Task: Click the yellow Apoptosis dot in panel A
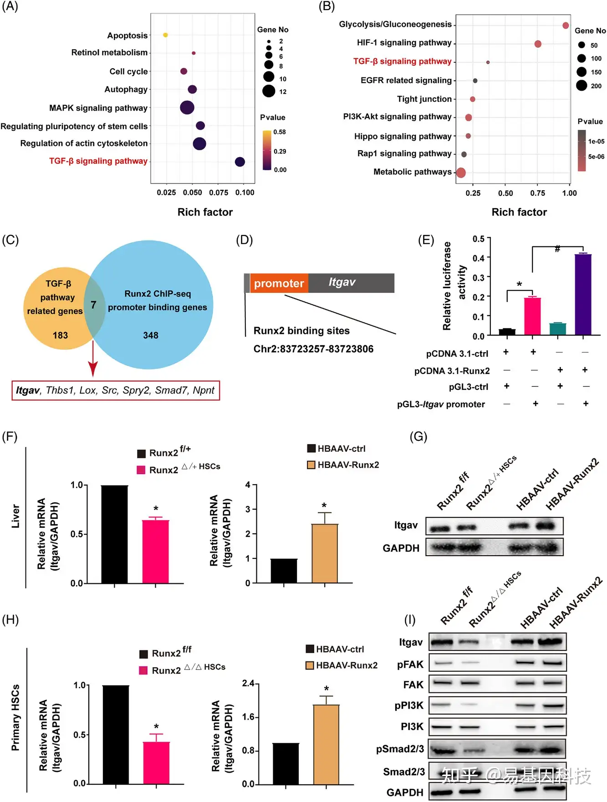pos(165,35)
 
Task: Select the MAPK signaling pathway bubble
pos(187,107)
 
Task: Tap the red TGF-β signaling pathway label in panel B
pos(402,61)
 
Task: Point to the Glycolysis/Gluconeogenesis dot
pos(566,26)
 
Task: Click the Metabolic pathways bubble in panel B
pos(460,173)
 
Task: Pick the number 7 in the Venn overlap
pos(93,305)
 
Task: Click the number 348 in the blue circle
pos(151,335)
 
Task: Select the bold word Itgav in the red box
pos(28,390)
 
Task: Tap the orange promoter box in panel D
pos(279,283)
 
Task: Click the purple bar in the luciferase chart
pos(583,295)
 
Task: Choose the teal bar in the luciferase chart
pos(558,329)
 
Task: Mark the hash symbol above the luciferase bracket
pos(557,249)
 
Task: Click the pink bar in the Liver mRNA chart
pos(156,551)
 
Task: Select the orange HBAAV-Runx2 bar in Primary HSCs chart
pos(326,744)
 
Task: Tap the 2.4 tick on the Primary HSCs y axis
pos(248,683)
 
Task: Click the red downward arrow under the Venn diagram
pos(93,358)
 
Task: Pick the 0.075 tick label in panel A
pos(219,192)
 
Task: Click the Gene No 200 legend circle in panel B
pos(581,85)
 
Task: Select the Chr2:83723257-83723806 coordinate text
pos(313,349)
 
